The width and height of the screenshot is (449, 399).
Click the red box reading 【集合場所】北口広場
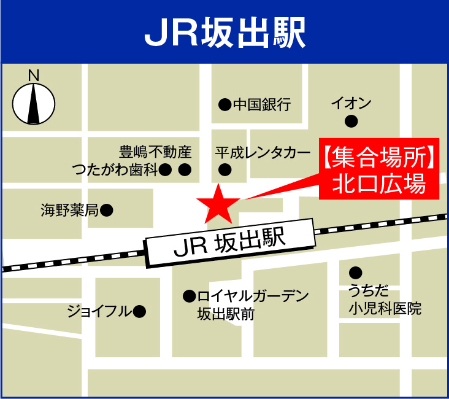(379, 169)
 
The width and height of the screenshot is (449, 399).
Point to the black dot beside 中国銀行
(224, 105)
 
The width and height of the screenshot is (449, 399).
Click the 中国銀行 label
(261, 105)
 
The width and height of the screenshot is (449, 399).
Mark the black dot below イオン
(351, 122)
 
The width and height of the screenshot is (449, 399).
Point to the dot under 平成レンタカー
(225, 169)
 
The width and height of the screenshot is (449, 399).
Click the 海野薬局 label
(69, 211)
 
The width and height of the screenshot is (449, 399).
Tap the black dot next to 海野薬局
(107, 211)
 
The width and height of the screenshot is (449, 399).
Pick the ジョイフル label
(99, 312)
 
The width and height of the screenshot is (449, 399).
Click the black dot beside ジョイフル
(140, 312)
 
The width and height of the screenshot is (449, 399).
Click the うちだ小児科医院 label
(385, 300)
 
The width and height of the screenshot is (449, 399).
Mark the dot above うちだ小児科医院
(355, 273)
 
